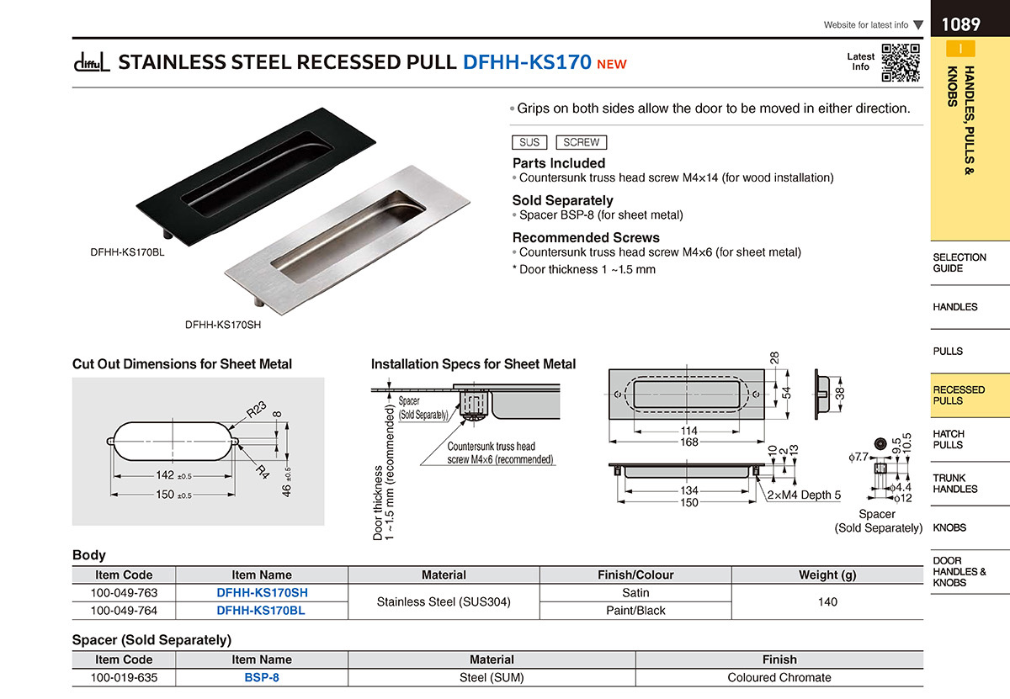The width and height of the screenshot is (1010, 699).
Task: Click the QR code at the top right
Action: tap(901, 62)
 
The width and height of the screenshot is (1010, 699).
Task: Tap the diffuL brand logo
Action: tap(92, 62)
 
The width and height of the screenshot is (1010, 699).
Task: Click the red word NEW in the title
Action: tap(611, 64)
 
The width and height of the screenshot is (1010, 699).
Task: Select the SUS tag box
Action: tap(529, 142)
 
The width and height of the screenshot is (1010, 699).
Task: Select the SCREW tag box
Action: tap(582, 142)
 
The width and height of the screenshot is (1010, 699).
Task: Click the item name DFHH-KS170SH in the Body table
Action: tap(262, 593)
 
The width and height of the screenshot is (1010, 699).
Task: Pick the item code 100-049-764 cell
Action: tap(124, 611)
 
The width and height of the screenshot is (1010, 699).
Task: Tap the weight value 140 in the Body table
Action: tap(827, 601)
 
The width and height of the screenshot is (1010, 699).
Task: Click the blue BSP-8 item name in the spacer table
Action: tap(262, 677)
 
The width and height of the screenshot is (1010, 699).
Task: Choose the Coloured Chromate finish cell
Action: tap(779, 677)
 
